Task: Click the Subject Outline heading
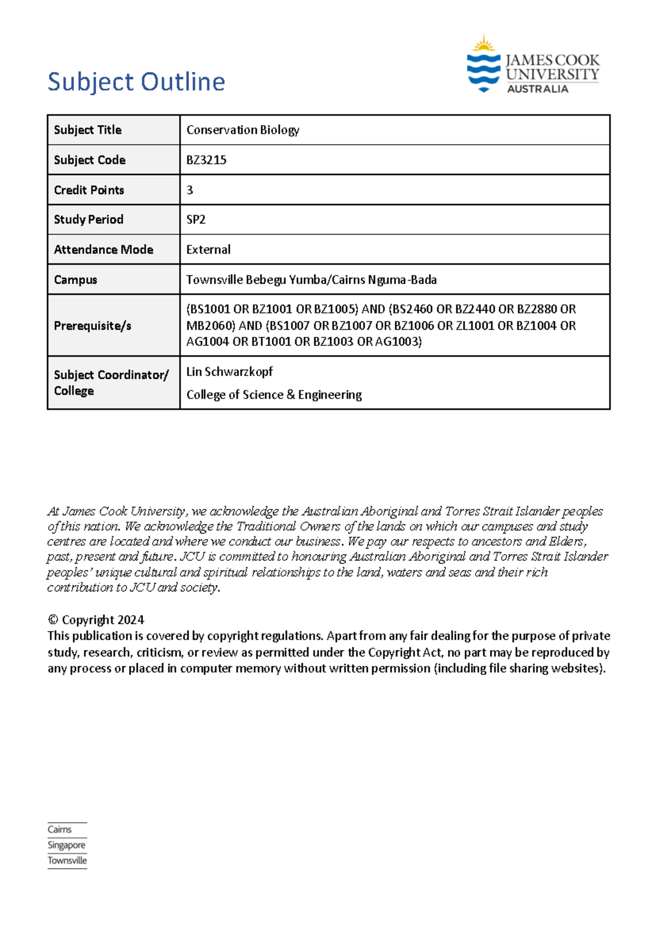[136, 82]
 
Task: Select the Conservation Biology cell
[243, 130]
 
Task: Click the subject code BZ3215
[206, 160]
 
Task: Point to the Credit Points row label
[89, 190]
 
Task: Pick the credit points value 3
[190, 190]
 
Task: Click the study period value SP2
[196, 220]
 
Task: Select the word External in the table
[208, 250]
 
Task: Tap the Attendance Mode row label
[103, 250]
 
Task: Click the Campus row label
[75, 280]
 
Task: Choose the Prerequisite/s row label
[92, 326]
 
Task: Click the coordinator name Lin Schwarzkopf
[229, 372]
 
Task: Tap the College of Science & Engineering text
[274, 395]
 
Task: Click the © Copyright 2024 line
[96, 620]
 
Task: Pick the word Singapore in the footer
[66, 845]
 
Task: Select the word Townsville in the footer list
[67, 860]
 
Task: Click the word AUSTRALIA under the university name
[537, 89]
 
